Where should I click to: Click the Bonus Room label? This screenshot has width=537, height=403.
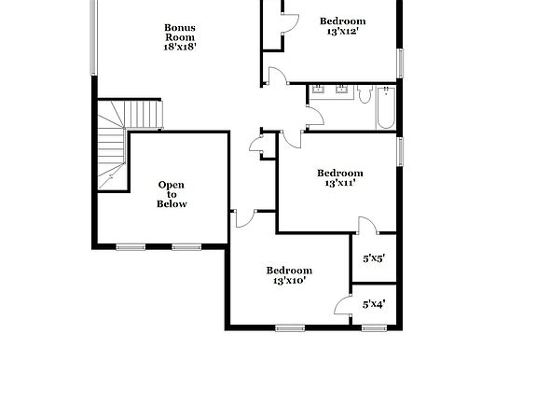point(180,33)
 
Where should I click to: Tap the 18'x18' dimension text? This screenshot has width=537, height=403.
point(180,45)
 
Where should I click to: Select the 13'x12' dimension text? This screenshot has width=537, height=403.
point(342,32)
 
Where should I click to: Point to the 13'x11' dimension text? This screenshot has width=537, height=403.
point(339,184)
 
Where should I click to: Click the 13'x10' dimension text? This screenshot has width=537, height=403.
point(289,281)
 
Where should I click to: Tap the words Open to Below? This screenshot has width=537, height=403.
point(172,194)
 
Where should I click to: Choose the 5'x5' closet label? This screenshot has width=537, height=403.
point(373,258)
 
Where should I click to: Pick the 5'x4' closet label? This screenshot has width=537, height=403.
point(373,303)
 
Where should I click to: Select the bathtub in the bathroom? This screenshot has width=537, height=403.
point(386,107)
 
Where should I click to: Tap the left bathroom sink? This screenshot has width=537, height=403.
point(319,90)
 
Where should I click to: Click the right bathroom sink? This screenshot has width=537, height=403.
point(340,90)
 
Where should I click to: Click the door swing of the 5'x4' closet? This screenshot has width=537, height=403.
point(342,305)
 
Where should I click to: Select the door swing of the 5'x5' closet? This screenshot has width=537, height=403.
point(367,225)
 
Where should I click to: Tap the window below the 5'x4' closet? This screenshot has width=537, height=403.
point(375,327)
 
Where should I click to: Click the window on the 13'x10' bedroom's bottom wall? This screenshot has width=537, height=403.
point(290,327)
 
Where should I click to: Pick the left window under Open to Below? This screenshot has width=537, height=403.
point(131,247)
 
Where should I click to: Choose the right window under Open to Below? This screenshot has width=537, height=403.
point(186,247)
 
